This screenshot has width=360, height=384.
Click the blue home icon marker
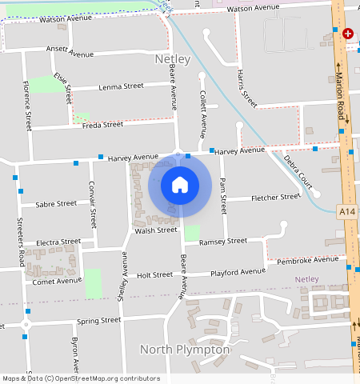click(x=180, y=185)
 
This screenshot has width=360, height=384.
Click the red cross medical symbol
click(x=348, y=34)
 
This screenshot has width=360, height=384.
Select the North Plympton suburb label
click(x=185, y=350)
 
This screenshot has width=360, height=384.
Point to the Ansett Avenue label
click(x=70, y=51)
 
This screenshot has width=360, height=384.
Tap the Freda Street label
click(x=102, y=125)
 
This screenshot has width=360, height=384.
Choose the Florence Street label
click(x=27, y=105)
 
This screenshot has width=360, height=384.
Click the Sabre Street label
click(x=56, y=203)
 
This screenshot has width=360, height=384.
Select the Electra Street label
click(x=58, y=241)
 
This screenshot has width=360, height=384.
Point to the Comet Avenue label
click(x=57, y=281)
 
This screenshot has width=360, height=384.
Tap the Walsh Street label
click(x=155, y=230)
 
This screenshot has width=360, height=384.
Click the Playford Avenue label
click(x=238, y=272)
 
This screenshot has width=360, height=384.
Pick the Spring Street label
click(x=98, y=320)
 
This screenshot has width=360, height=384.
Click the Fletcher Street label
click(x=275, y=197)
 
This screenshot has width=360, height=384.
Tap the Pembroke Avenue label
click(x=308, y=260)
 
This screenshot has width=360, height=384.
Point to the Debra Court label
click(x=298, y=169)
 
